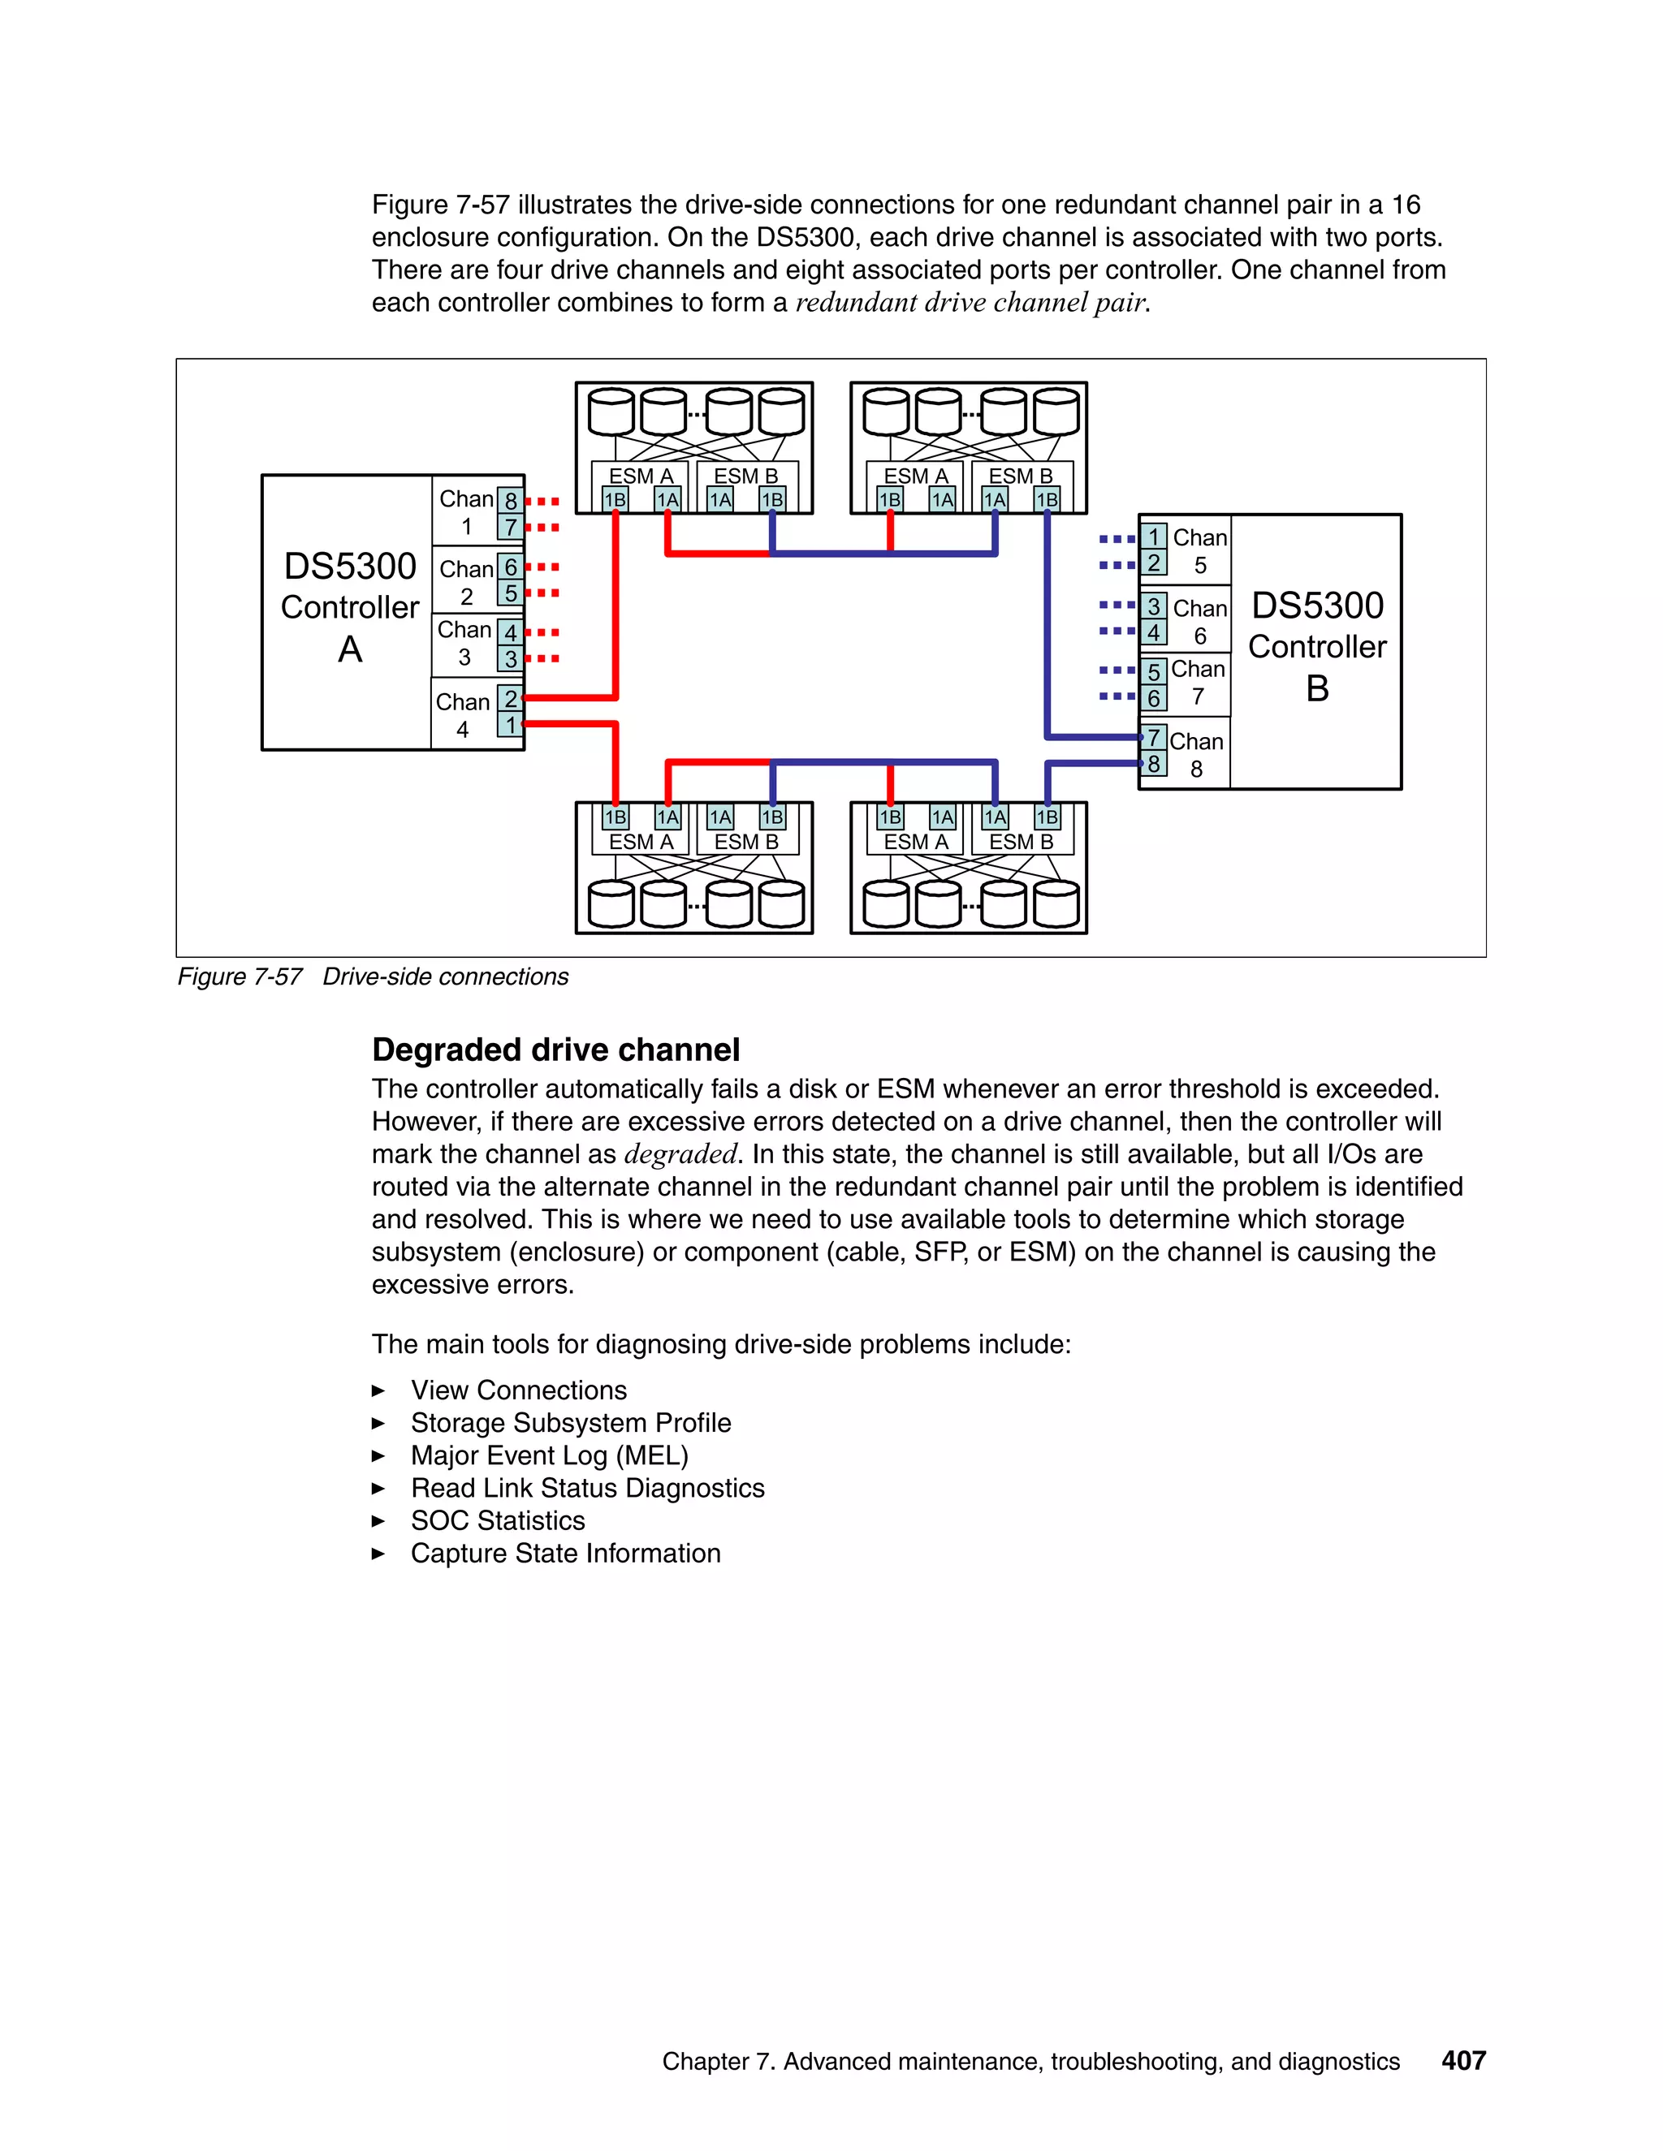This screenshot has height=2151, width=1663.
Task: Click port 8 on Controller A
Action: click(510, 500)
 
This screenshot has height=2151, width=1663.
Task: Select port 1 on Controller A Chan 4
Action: click(510, 725)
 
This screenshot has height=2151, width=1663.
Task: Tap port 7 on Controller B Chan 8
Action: click(1154, 738)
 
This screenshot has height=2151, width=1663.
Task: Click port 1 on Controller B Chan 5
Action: click(1154, 537)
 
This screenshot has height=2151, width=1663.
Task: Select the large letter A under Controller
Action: click(350, 650)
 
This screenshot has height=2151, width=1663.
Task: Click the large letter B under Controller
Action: click(1317, 688)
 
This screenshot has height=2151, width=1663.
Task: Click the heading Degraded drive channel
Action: click(555, 1050)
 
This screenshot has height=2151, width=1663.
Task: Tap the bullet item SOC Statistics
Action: click(498, 1520)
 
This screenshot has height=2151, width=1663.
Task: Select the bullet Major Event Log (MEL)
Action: click(549, 1455)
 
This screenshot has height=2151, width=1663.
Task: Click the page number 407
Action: click(1463, 2060)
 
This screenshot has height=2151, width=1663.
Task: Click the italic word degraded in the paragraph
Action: click(680, 1154)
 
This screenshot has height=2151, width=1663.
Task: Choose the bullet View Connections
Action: click(518, 1390)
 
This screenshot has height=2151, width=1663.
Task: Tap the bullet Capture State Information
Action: click(565, 1553)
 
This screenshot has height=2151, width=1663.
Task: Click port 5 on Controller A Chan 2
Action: click(510, 593)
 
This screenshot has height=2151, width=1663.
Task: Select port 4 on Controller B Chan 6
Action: click(1154, 632)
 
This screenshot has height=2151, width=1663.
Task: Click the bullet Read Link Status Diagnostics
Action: click(587, 1488)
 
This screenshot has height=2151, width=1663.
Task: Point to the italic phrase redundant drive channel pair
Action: click(970, 303)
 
